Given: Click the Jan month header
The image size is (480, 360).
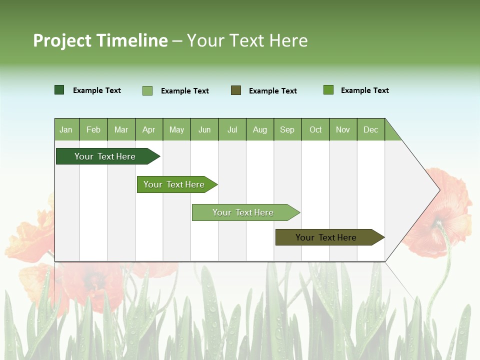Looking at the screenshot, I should pos(66,129).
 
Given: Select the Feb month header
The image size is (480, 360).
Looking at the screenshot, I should pos(93,129).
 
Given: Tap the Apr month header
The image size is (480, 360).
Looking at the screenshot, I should pos(149,129).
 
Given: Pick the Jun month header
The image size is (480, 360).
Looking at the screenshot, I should pos(204,129).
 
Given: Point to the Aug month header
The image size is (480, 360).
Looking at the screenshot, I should pos(260,129).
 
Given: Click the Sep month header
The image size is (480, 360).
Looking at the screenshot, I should pos(287,129).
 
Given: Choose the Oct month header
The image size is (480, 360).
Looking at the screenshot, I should pos(315,129).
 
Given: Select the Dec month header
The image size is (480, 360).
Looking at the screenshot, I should pos(371,129).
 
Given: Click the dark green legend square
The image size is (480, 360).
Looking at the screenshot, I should pos(59,90).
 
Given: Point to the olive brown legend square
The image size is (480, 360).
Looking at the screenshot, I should pos(236,90).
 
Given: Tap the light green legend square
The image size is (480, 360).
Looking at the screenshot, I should pos(147,90).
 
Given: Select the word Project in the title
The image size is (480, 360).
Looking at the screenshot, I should pos(63,40).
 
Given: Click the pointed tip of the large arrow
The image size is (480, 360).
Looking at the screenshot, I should pos(438,190).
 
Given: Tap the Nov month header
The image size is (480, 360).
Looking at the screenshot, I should pos(343,129).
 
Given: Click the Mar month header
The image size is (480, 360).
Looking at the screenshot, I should pos(121,129).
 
